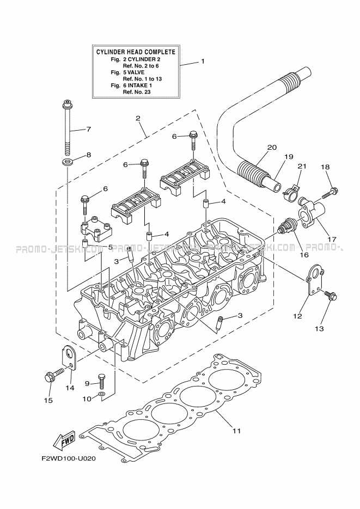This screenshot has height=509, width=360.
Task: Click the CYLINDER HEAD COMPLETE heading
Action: [x=136, y=52]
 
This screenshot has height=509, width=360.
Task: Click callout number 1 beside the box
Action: [x=203, y=62]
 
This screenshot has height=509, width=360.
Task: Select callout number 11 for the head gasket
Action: [x=236, y=431]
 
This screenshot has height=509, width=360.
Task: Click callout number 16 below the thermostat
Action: [x=303, y=254]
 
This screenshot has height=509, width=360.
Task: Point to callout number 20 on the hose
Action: [x=272, y=148]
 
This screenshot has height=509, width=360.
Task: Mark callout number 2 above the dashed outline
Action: [x=138, y=118]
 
